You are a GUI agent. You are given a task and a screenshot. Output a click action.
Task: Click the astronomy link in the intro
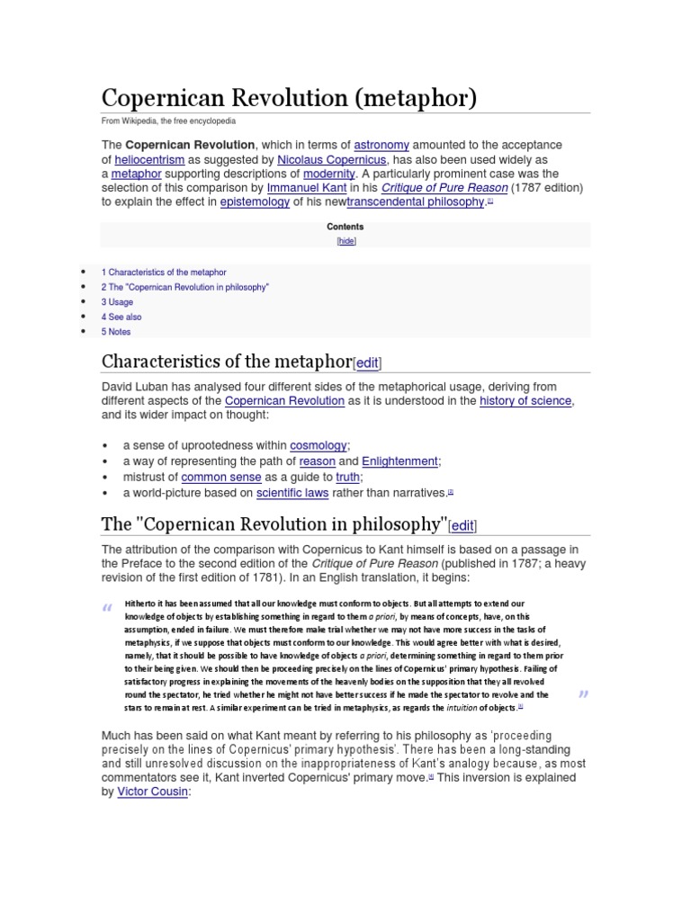point(381,145)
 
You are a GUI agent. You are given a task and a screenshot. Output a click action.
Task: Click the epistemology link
point(255,202)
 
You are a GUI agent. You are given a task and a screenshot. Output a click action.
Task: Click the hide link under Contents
point(345,241)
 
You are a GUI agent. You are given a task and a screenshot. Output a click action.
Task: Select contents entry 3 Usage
point(116,302)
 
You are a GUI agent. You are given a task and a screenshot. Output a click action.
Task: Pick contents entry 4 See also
point(121,317)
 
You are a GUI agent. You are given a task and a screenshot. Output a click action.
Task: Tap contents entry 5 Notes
point(116,332)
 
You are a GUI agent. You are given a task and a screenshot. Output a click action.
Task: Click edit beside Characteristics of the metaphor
point(367,363)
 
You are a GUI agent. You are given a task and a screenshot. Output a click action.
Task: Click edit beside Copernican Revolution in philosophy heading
point(462,525)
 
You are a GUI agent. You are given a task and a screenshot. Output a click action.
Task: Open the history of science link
point(525,401)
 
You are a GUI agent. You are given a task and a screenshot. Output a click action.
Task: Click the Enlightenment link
point(399,461)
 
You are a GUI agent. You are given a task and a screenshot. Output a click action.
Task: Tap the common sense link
point(221,478)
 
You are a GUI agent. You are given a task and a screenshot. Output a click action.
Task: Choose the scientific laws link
point(292,493)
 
